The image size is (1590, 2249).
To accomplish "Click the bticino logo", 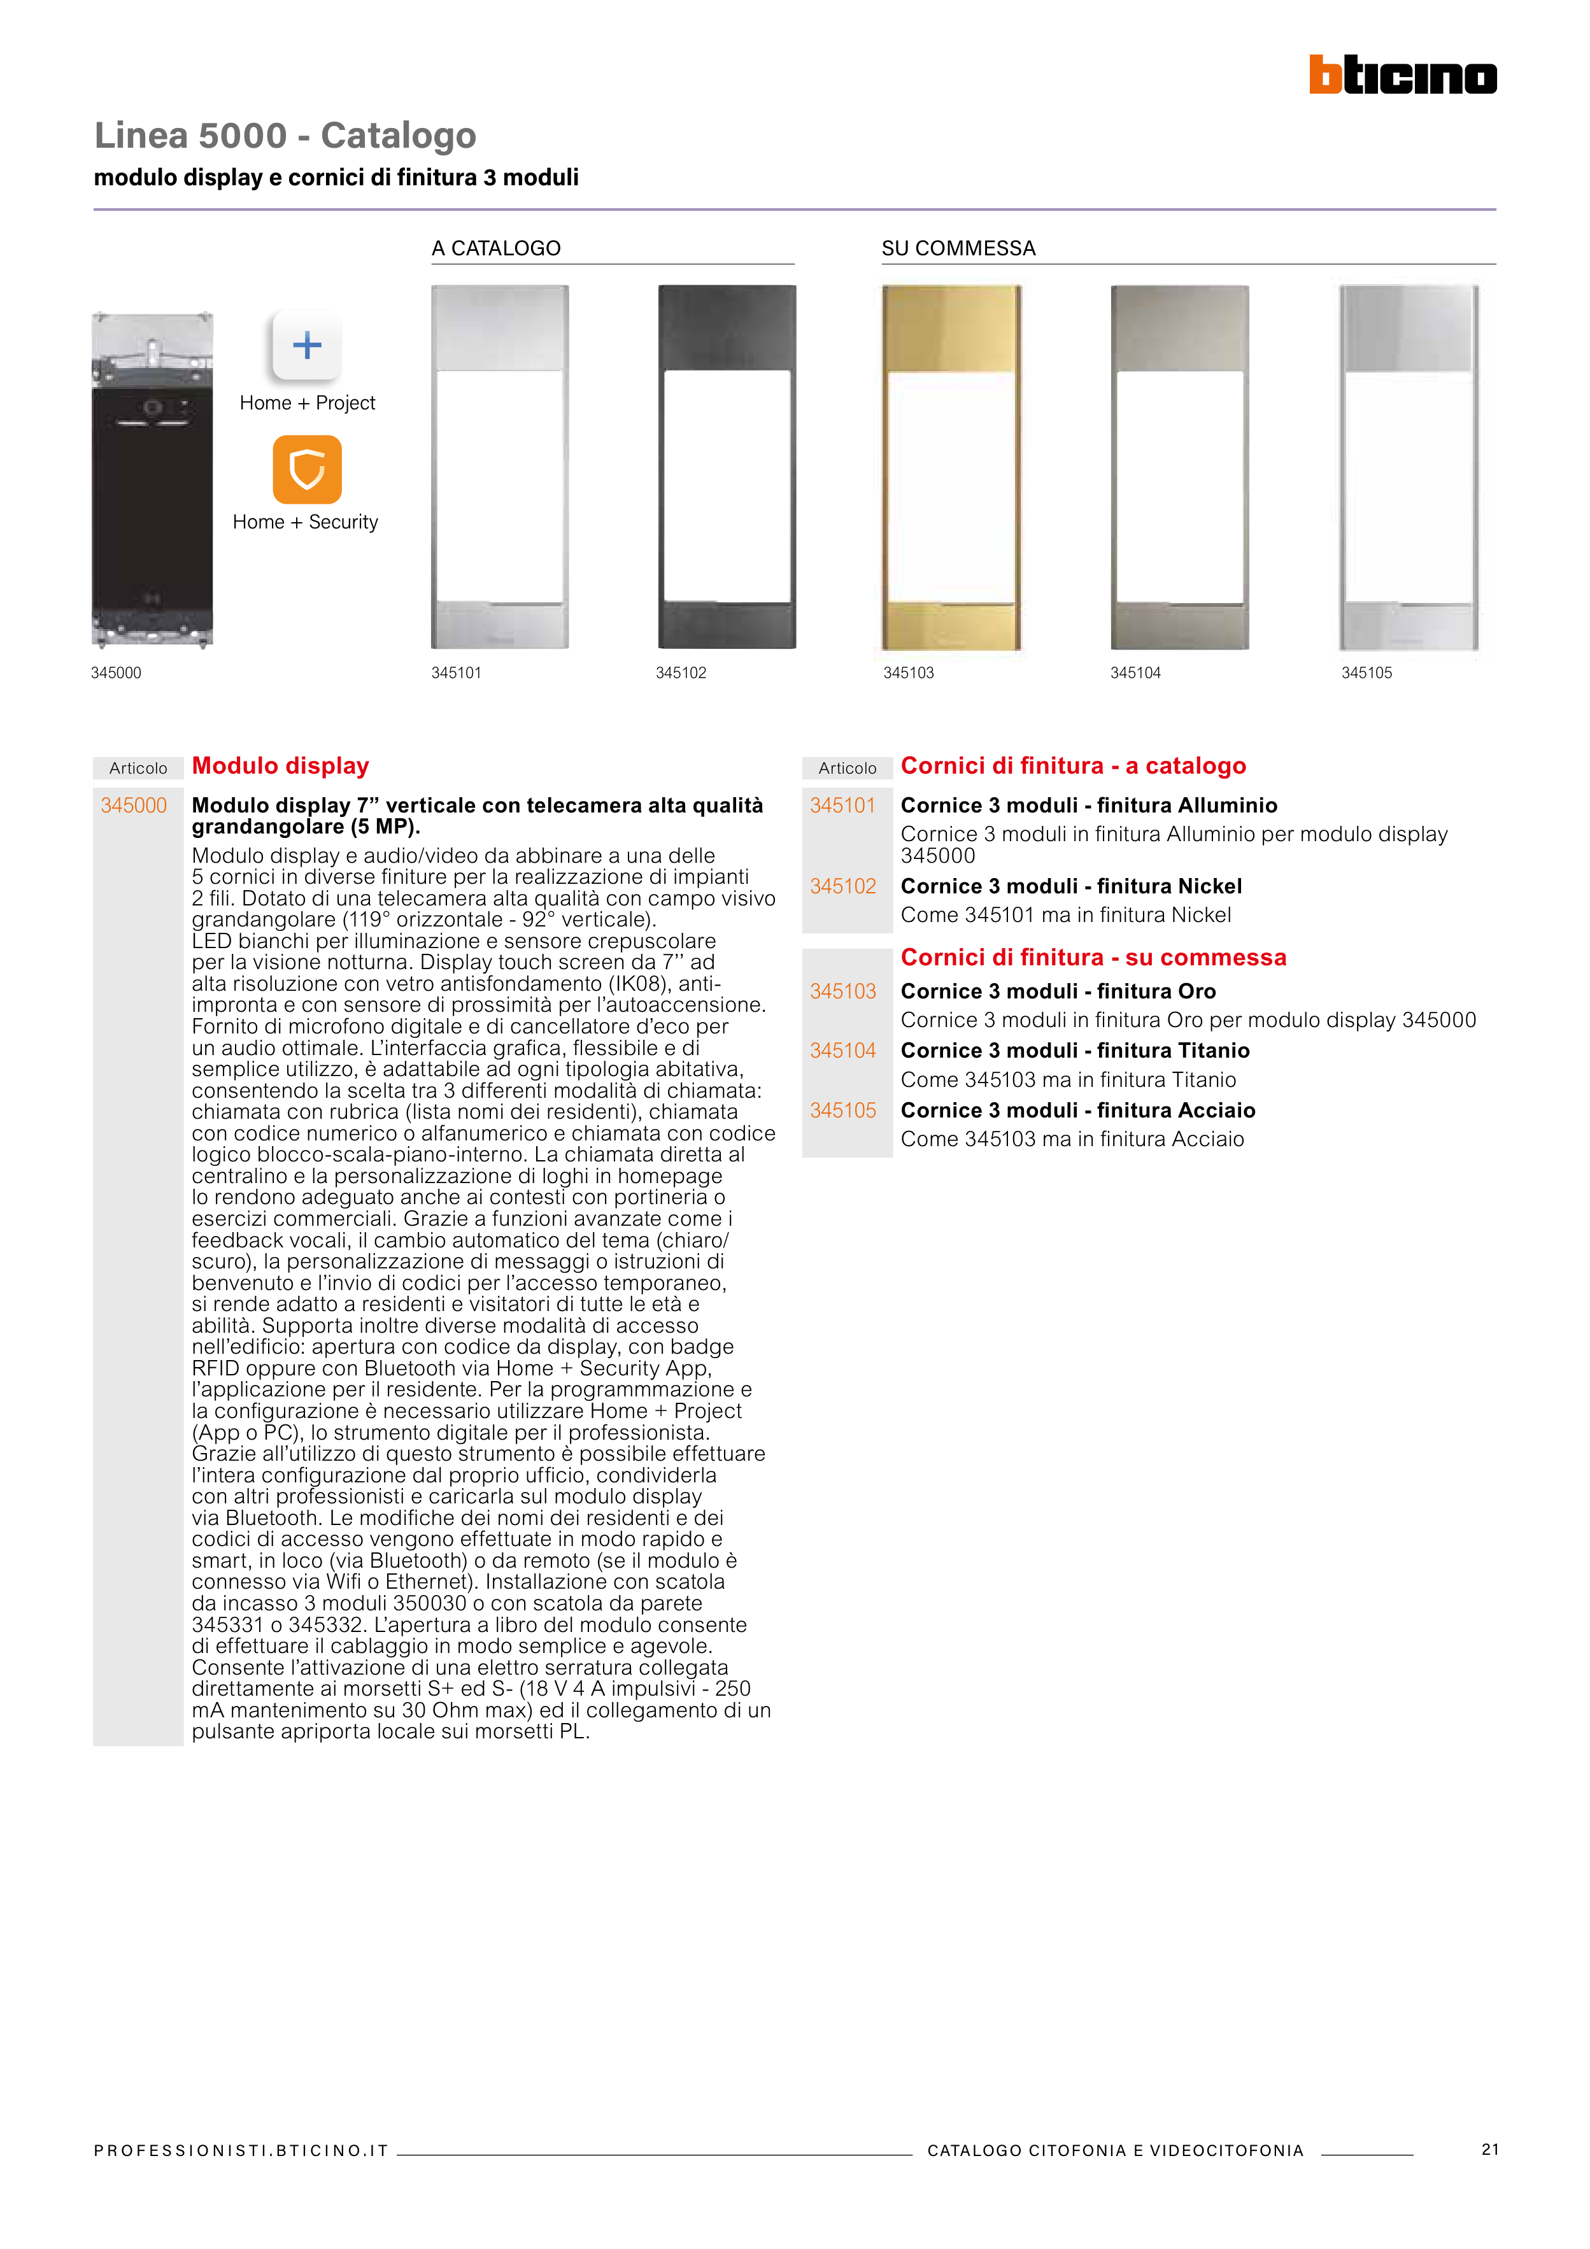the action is coord(1402,74).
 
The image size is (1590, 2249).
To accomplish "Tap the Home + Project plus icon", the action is coord(307,344).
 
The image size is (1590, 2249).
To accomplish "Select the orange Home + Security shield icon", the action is coord(307,469).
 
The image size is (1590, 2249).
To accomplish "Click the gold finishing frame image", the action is coord(951,467).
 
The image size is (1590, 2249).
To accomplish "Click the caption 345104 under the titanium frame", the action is coord(1135,673).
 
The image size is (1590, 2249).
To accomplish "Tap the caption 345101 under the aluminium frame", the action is coord(457,673).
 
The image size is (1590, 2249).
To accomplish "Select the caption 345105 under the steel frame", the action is coord(1366,673).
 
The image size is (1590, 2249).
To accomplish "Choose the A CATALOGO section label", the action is coord(495,249).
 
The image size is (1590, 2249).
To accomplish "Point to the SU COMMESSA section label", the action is coord(958,249).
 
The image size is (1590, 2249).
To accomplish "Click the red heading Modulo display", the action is coord(280,766).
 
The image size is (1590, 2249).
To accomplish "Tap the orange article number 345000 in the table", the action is coord(134,805).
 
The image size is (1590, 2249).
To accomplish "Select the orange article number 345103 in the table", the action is coord(842,991).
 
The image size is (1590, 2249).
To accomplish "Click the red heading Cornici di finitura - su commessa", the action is coord(1093,957).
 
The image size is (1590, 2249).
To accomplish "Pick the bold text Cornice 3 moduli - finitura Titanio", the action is coord(1075,1050).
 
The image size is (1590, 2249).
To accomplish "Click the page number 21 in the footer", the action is coord(1489,2149).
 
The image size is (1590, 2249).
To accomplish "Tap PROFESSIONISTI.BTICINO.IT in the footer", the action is coord(241,2151).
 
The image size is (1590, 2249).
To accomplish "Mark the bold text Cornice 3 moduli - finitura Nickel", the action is coord(1071,886).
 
